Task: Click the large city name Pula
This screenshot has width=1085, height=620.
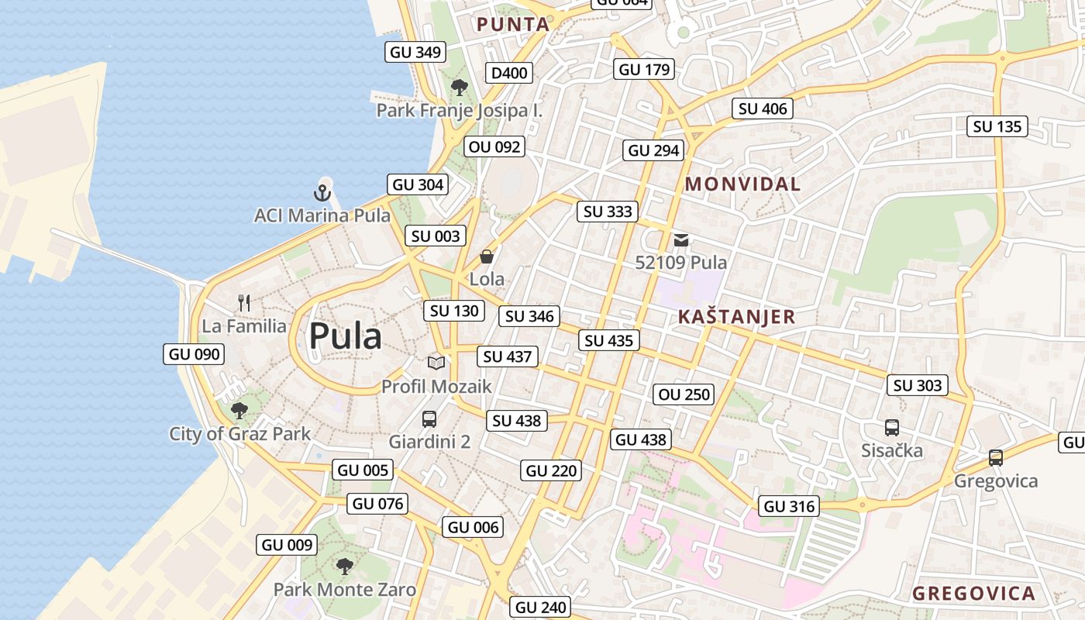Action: (x=345, y=336)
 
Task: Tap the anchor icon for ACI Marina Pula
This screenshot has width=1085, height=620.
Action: (x=322, y=192)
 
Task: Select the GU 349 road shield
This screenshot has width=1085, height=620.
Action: (x=415, y=52)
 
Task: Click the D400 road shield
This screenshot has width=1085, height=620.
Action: (x=509, y=73)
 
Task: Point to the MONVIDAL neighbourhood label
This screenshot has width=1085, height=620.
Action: (x=742, y=184)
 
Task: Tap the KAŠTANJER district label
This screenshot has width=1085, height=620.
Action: (x=736, y=316)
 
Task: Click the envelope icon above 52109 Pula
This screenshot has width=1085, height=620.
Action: (x=681, y=240)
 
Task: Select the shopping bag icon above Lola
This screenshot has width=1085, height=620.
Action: (x=487, y=257)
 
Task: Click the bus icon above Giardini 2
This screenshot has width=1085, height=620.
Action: (x=429, y=419)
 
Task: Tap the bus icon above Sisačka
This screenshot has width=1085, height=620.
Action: (x=892, y=427)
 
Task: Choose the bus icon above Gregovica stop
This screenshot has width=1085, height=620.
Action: (x=996, y=458)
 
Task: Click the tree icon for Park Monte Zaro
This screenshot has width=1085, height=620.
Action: (x=344, y=567)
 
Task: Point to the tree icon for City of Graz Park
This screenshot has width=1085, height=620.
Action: (x=239, y=410)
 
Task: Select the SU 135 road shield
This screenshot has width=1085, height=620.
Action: (x=997, y=126)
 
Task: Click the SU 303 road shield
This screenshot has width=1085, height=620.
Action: (x=918, y=385)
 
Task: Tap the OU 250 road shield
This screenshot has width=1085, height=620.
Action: (x=684, y=394)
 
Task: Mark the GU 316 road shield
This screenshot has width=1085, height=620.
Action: (x=789, y=506)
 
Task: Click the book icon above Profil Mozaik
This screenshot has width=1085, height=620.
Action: (x=436, y=363)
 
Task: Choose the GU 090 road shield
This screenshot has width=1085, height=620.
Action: (x=195, y=354)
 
